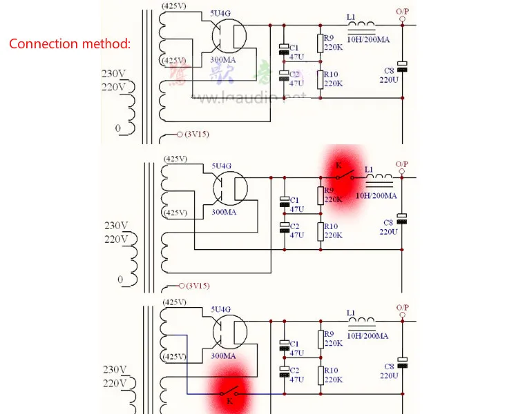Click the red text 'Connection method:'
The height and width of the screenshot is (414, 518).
click(x=69, y=43)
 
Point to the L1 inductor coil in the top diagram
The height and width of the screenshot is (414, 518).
click(x=361, y=28)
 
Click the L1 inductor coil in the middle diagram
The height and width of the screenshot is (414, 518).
click(x=379, y=181)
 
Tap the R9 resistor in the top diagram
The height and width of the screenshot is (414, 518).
click(x=320, y=43)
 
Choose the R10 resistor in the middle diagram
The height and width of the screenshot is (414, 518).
click(x=320, y=229)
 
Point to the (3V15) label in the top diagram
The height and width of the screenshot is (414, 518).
click(x=198, y=134)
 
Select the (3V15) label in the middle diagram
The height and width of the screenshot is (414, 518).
click(x=198, y=285)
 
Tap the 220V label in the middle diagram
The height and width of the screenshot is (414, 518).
click(x=115, y=239)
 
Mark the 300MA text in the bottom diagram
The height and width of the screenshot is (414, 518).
click(x=223, y=356)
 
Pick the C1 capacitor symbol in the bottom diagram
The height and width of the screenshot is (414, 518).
click(x=284, y=343)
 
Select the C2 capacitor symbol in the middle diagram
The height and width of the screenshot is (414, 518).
click(x=284, y=226)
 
